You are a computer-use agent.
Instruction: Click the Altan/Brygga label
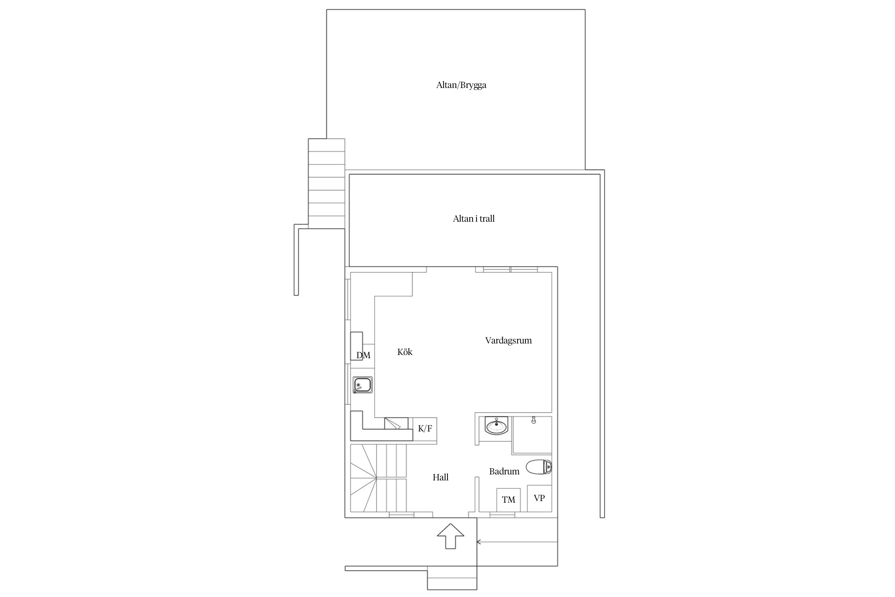pyautogui.click(x=461, y=85)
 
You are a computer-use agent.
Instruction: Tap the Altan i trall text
pyautogui.click(x=474, y=219)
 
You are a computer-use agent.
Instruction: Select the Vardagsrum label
pyautogui.click(x=508, y=340)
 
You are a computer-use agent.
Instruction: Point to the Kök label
pyautogui.click(x=405, y=352)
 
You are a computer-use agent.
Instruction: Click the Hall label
pyautogui.click(x=441, y=477)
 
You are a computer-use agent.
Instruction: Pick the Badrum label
pyautogui.click(x=504, y=471)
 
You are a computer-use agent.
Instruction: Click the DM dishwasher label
pyautogui.click(x=363, y=355)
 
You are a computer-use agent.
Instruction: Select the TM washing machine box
pyautogui.click(x=508, y=500)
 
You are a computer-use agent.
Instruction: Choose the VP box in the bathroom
pyautogui.click(x=539, y=498)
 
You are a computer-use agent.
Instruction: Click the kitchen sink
pyautogui.click(x=362, y=385)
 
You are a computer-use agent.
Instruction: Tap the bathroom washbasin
pyautogui.click(x=496, y=426)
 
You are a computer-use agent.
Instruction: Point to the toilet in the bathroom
pyautogui.click(x=539, y=467)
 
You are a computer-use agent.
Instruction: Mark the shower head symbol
pyautogui.click(x=533, y=420)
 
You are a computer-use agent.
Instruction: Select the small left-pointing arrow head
pyautogui.click(x=479, y=542)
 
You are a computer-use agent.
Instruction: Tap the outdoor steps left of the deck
pyautogui.click(x=327, y=183)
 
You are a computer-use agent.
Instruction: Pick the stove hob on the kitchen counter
pyautogui.click(x=396, y=423)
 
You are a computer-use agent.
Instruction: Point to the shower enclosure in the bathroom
pyautogui.click(x=532, y=435)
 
